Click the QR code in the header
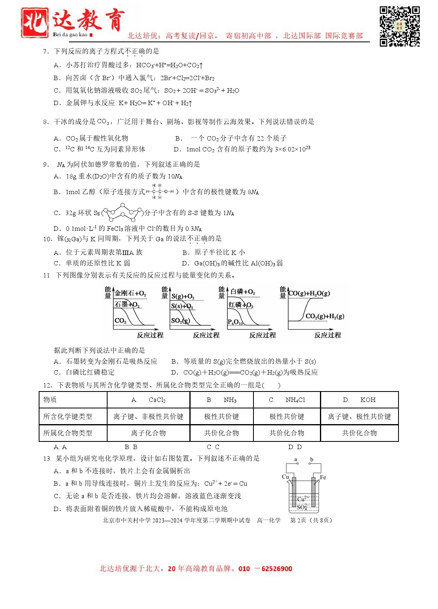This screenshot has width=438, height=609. [x=399, y=26]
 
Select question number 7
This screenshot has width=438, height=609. [x=46, y=52]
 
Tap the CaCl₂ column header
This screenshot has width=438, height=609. [x=149, y=400]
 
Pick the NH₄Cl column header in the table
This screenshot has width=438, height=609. [x=287, y=400]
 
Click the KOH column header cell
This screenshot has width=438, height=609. [x=359, y=400]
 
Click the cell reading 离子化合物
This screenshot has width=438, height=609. [x=148, y=433]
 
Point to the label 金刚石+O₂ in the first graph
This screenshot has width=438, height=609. [x=130, y=293]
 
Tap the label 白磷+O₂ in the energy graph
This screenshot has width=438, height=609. [x=243, y=292]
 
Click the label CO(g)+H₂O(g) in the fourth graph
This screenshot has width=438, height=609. [x=309, y=293]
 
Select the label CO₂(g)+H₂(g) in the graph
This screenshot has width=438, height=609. [x=325, y=316]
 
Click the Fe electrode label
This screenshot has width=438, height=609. [x=323, y=477]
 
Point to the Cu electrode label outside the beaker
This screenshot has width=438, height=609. [x=285, y=477]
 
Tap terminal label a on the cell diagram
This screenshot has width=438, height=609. [x=296, y=460]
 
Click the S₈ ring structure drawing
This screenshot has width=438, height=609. [x=122, y=211]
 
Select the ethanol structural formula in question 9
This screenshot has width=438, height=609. [x=160, y=192]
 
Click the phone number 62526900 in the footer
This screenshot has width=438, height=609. [x=277, y=569]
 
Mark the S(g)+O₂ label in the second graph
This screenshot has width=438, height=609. [x=183, y=296]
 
